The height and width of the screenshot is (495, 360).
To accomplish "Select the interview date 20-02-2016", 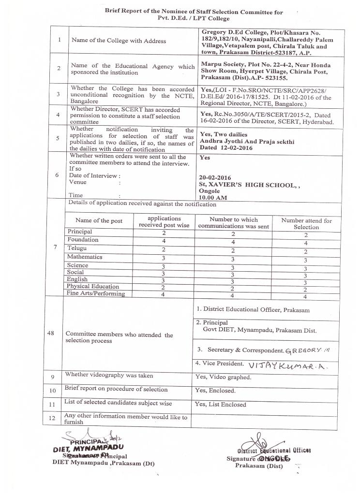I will click(215, 177).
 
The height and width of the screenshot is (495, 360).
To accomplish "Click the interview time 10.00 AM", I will click(213, 197).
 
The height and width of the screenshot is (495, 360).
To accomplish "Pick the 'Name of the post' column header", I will click(99, 220).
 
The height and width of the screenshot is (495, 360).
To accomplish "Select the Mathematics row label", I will click(85, 257).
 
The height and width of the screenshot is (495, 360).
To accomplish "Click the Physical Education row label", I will click(92, 286).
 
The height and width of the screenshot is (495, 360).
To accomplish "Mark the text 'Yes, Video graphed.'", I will click(223, 377).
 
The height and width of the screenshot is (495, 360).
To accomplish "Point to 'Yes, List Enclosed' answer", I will click(220, 405).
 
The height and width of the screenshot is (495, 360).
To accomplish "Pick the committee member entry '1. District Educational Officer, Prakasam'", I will click(253, 309).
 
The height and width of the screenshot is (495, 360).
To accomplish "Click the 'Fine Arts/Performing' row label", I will click(96, 293).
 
